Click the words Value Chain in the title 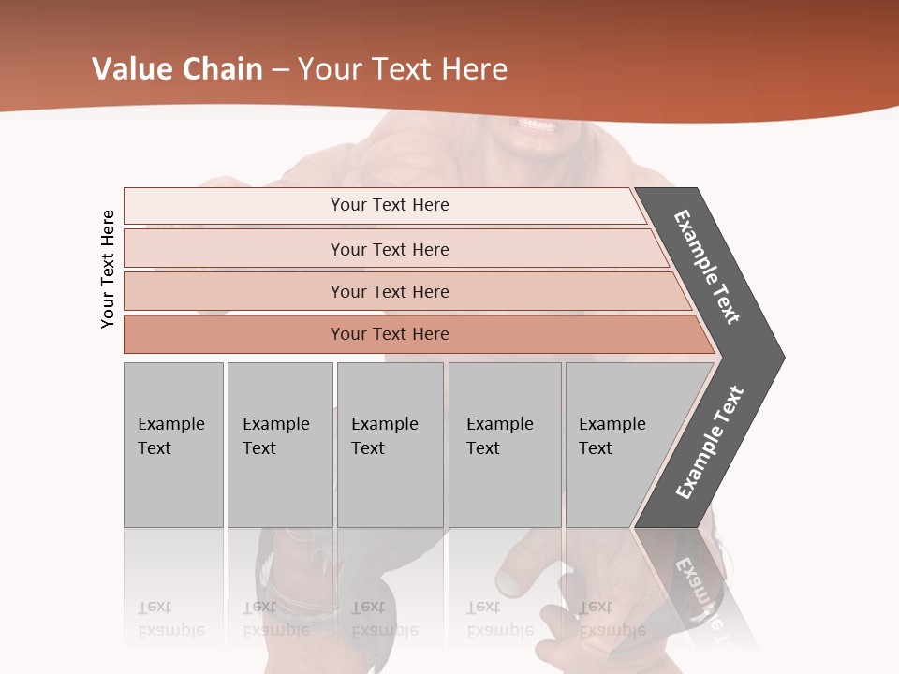click(177, 69)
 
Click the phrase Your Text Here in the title click(403, 69)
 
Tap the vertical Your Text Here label click(108, 269)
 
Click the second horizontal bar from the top click(390, 249)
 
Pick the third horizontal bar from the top click(390, 291)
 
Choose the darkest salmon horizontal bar click(390, 334)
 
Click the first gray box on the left click(173, 445)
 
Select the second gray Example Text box click(279, 445)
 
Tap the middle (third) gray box click(390, 445)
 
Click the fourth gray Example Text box click(504, 445)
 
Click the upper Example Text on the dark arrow click(707, 267)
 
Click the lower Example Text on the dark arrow click(710, 443)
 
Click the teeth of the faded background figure click(537, 125)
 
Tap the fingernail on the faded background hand click(509, 582)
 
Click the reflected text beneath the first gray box click(171, 619)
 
